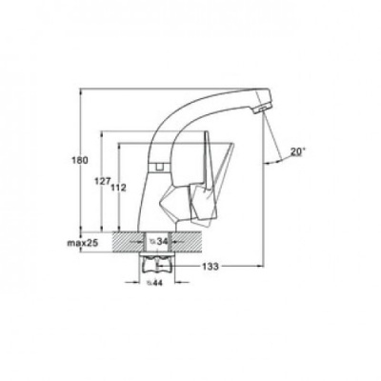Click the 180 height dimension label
click(81, 160)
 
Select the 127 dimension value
click(102, 181)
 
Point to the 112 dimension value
click(119, 188)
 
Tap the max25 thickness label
click(83, 243)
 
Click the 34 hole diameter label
click(159, 241)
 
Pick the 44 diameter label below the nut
click(154, 282)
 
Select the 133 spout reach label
click(211, 266)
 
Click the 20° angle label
click(297, 152)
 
